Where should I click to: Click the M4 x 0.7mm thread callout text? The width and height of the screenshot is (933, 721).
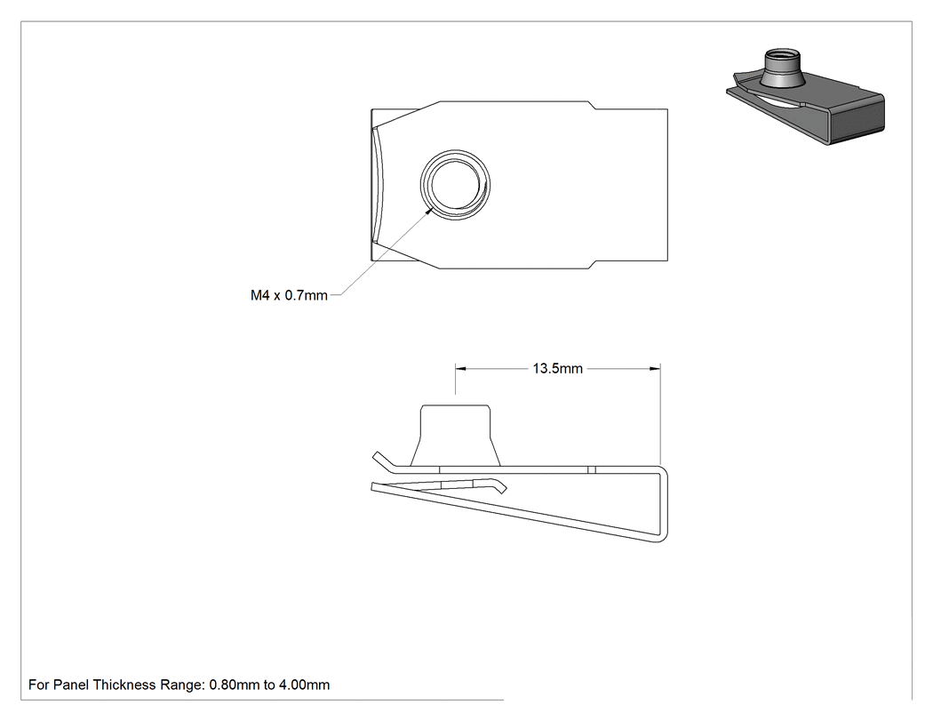(x=289, y=295)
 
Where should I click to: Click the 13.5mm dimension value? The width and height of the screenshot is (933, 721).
(x=557, y=369)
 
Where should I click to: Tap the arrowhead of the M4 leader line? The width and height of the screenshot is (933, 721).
(x=427, y=212)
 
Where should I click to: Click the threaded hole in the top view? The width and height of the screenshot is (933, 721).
(x=455, y=185)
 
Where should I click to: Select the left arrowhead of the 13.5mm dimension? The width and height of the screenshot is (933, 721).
(x=461, y=369)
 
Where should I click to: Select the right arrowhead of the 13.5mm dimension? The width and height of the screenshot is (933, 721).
(x=655, y=369)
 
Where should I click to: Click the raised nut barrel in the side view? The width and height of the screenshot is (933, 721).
(x=455, y=436)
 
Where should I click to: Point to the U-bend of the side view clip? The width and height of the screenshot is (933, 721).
(x=664, y=504)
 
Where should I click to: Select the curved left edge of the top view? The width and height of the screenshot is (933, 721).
(x=379, y=185)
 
